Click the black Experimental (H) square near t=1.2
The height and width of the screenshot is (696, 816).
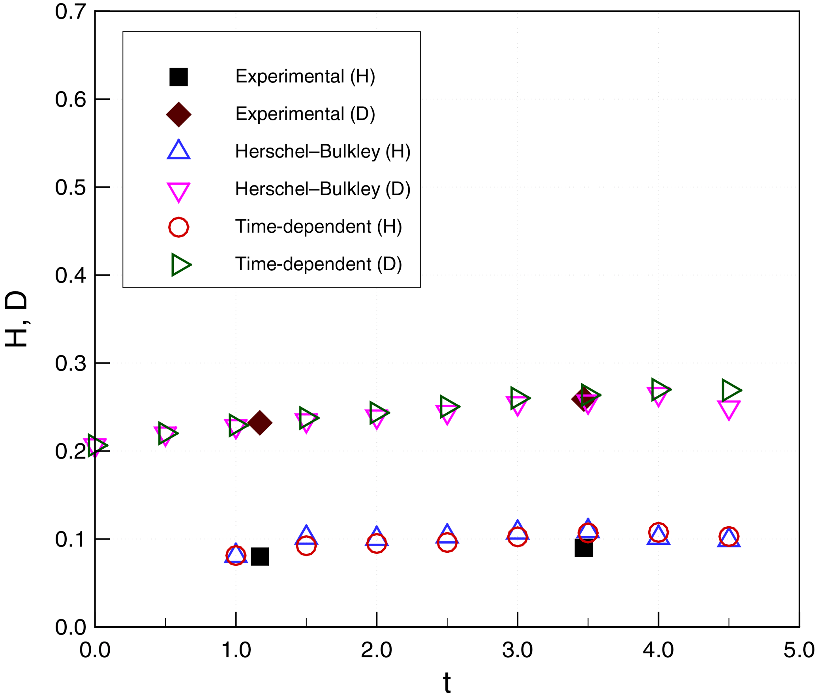pyautogui.click(x=260, y=557)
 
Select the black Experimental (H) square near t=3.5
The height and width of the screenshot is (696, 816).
pyautogui.click(x=583, y=548)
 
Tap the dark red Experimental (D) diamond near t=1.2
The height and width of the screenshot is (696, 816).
pyautogui.click(x=260, y=423)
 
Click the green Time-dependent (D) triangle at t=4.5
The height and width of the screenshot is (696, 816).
pyautogui.click(x=730, y=390)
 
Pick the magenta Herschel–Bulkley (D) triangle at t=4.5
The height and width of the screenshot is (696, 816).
pyautogui.click(x=729, y=409)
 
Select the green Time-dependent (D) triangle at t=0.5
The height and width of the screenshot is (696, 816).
pyautogui.click(x=167, y=433)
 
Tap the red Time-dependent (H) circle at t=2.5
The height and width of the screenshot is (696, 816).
pyautogui.click(x=447, y=543)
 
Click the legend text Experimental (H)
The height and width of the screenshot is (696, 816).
pyautogui.click(x=305, y=77)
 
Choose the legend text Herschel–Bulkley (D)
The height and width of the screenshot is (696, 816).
pyautogui.click(x=323, y=189)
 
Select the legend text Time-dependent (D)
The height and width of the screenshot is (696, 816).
pyautogui.click(x=318, y=264)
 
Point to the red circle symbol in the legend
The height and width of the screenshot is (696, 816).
pyautogui.click(x=178, y=227)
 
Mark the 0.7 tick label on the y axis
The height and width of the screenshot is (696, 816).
pyautogui.click(x=70, y=11)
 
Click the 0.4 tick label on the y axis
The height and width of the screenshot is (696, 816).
pyautogui.click(x=70, y=275)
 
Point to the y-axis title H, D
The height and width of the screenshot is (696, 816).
pyautogui.click(x=17, y=319)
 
